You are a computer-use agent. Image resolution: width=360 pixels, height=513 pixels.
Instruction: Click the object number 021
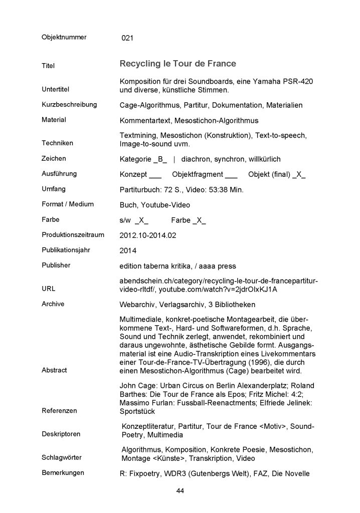coord(127,38)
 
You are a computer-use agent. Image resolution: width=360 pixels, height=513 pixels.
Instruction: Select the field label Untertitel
coord(55,89)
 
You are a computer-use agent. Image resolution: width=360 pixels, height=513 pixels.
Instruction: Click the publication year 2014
coord(128,250)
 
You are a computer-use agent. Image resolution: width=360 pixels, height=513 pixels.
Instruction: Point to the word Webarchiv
coord(137,304)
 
